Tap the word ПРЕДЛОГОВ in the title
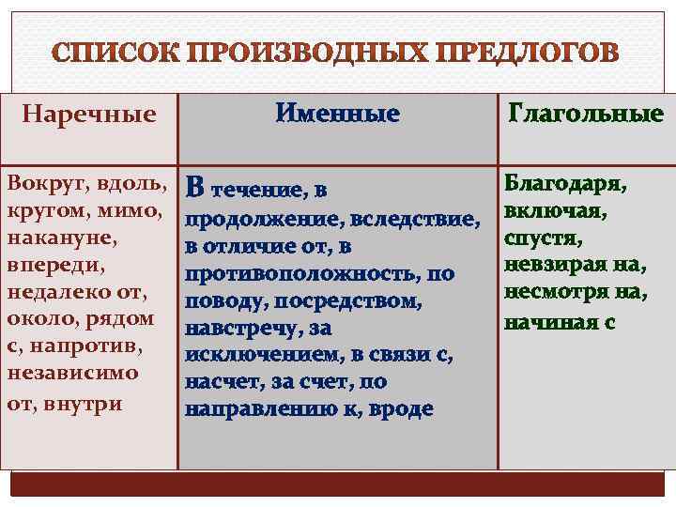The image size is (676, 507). [525, 52]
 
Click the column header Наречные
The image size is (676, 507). [88, 115]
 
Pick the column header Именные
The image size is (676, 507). [338, 115]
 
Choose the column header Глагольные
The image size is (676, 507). [585, 115]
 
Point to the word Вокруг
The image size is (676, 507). [40, 177]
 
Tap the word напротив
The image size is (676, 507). [93, 346]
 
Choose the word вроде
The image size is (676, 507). [402, 409]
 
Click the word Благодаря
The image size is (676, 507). [565, 180]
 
